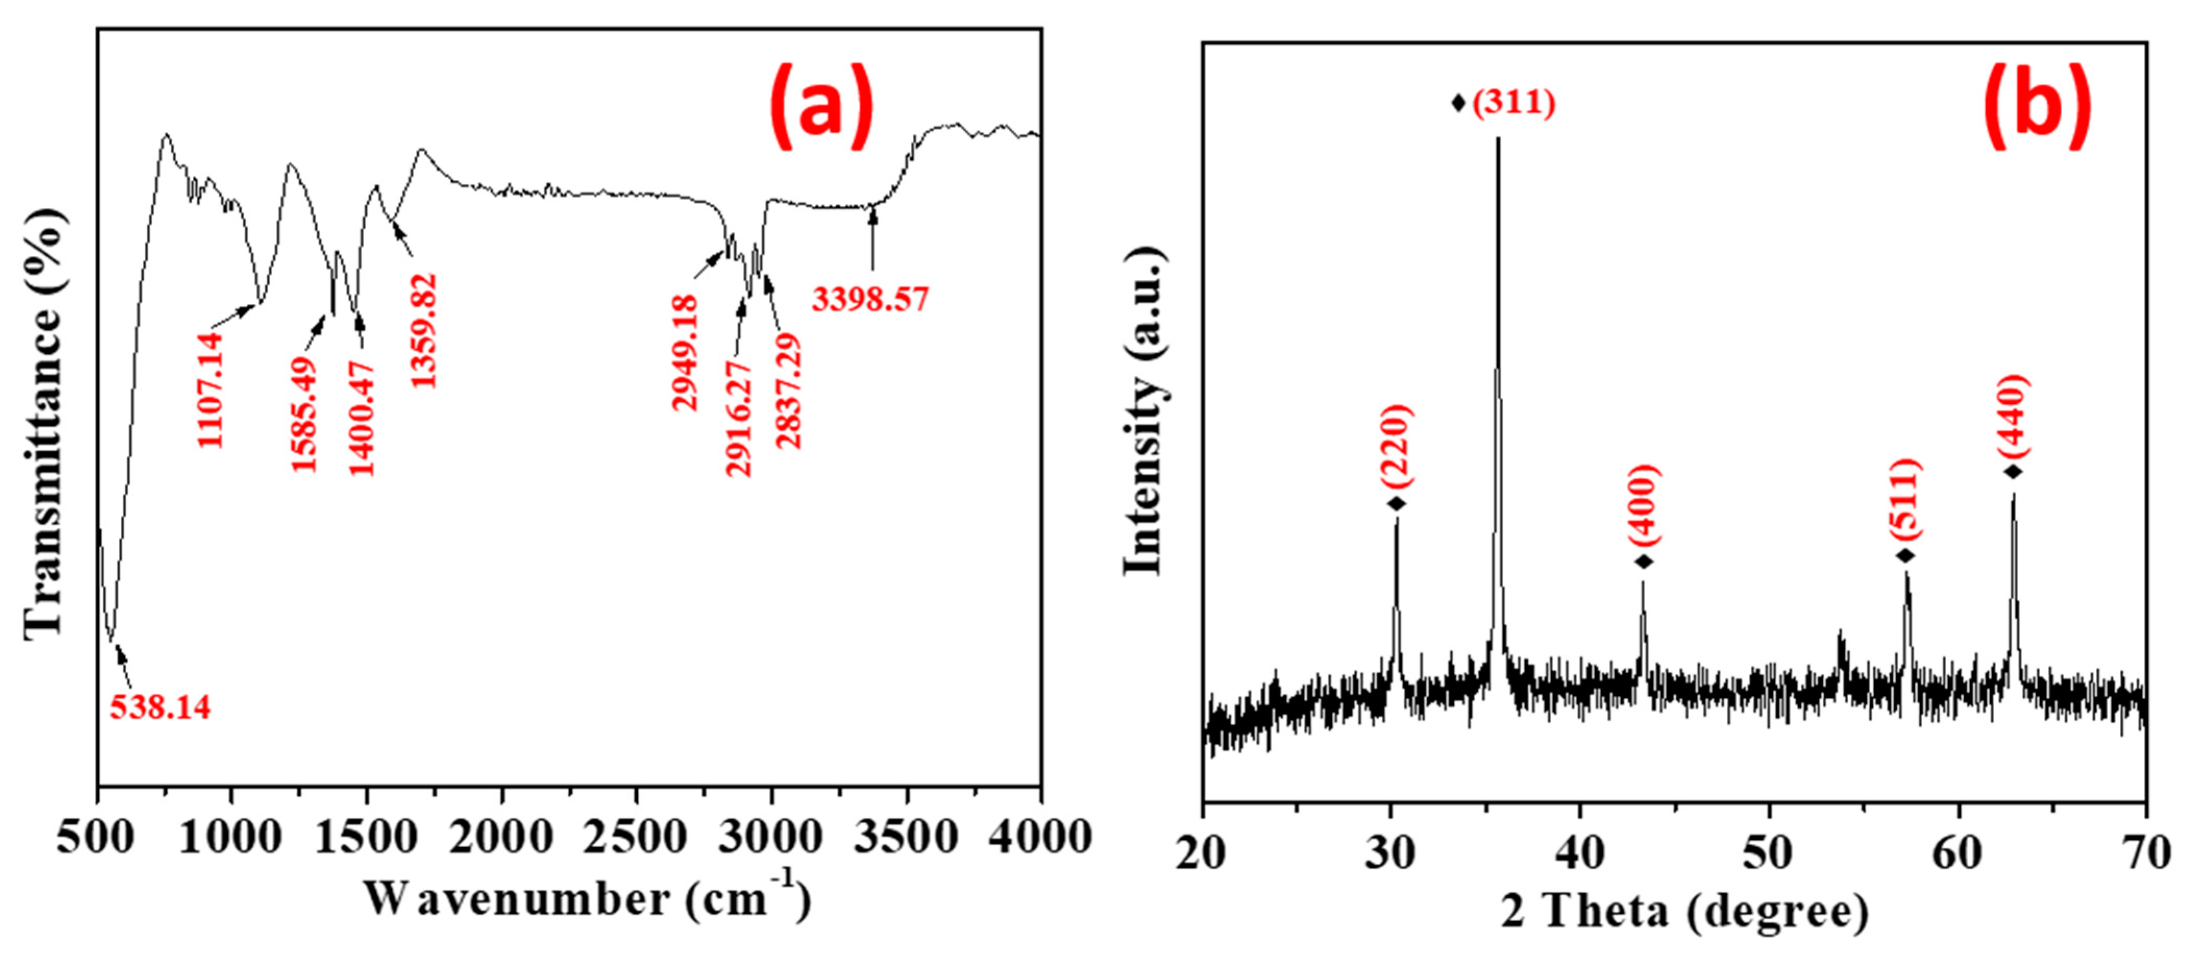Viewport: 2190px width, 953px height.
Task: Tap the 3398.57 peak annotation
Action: (x=870, y=299)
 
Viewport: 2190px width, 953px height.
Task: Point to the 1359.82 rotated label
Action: (x=424, y=331)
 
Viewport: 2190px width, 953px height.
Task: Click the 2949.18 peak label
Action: (x=684, y=353)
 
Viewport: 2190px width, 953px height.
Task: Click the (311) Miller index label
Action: (x=1514, y=103)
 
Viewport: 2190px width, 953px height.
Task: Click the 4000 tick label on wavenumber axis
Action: (x=1040, y=837)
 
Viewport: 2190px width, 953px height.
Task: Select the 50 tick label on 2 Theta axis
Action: (x=1769, y=852)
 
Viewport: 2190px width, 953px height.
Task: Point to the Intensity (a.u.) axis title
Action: (x=1144, y=412)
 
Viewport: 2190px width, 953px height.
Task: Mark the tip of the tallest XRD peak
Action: (x=1498, y=138)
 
